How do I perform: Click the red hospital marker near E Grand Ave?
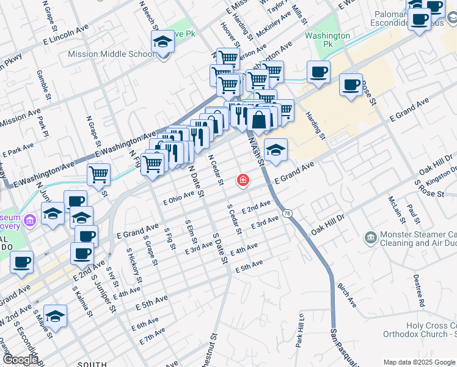point(243,180)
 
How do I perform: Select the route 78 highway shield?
point(288,213)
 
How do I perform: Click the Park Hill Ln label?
point(300,331)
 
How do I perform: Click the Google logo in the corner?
point(20,360)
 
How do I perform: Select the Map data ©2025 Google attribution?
point(419,362)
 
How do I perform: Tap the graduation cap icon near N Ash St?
point(276,150)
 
